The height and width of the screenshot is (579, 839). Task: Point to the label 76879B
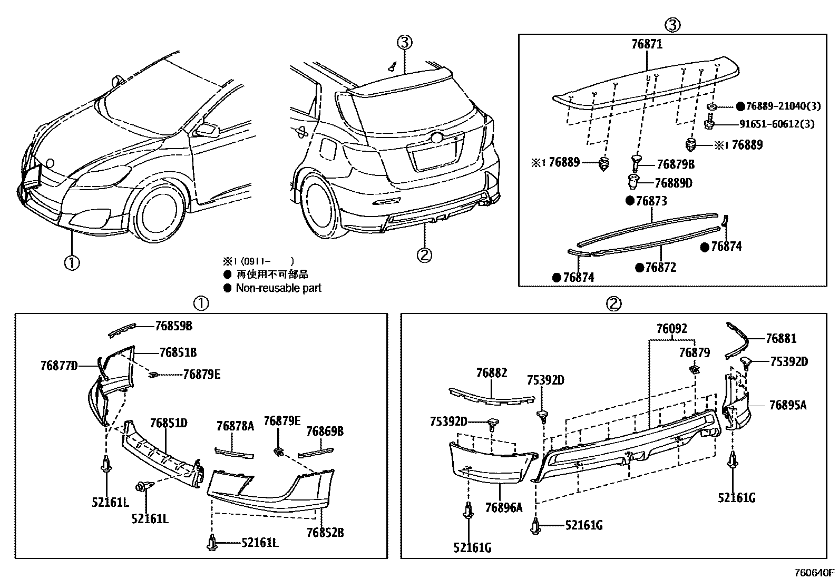pos(674,164)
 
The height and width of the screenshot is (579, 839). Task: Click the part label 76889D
pos(673,183)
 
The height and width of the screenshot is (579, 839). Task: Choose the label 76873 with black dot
pos(651,201)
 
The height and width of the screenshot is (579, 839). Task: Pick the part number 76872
pos(660,267)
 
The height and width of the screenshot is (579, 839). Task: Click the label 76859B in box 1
pos(173,326)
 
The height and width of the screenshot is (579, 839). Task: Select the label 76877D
pos(58,365)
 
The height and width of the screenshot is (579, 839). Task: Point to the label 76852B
pos(325,532)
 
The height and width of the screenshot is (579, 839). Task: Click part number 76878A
pos(235,426)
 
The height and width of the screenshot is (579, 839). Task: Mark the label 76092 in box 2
pos(671,329)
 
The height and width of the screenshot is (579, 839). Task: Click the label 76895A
pos(787,405)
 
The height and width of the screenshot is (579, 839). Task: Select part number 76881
pos(781,338)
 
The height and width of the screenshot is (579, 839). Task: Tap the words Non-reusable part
pos(278,288)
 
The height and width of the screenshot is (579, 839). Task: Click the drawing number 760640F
pos(815,573)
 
